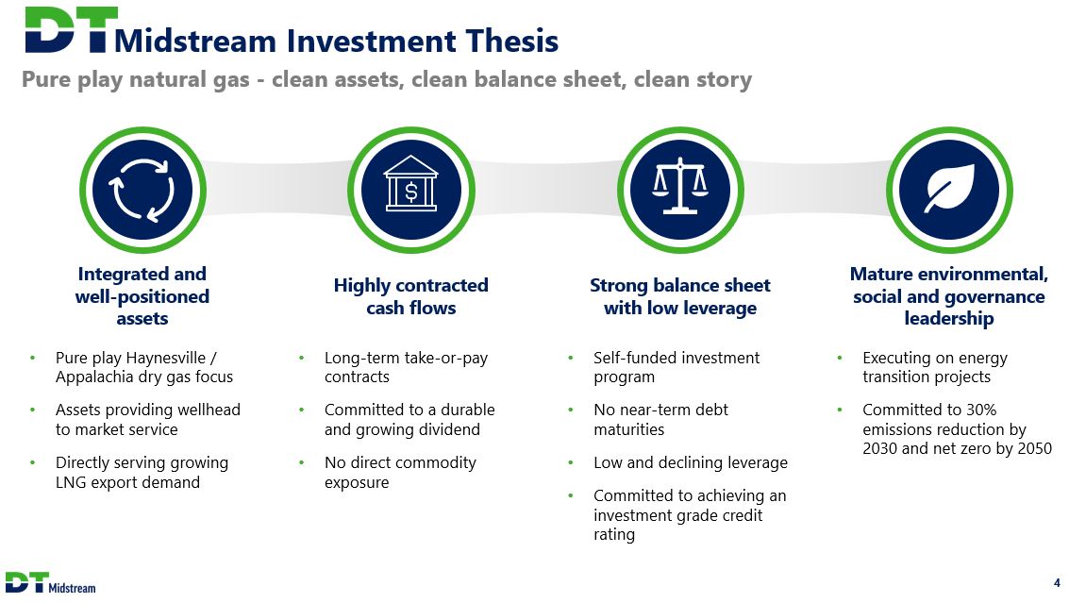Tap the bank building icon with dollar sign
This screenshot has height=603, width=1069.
click(411, 184)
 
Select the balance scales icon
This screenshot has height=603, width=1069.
click(680, 186)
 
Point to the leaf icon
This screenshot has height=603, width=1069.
click(950, 188)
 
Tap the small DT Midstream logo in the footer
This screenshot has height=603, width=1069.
click(50, 583)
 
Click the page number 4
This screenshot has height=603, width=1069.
click(1057, 583)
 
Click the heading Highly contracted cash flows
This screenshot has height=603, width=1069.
click(411, 296)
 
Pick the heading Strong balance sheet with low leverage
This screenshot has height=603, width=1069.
click(680, 296)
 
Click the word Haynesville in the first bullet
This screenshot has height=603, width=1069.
click(166, 358)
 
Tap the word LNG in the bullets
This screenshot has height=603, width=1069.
click(70, 482)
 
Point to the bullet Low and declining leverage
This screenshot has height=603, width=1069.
click(691, 462)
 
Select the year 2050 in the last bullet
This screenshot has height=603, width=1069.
click(1033, 449)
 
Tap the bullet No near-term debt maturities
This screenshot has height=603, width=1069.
click(660, 420)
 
